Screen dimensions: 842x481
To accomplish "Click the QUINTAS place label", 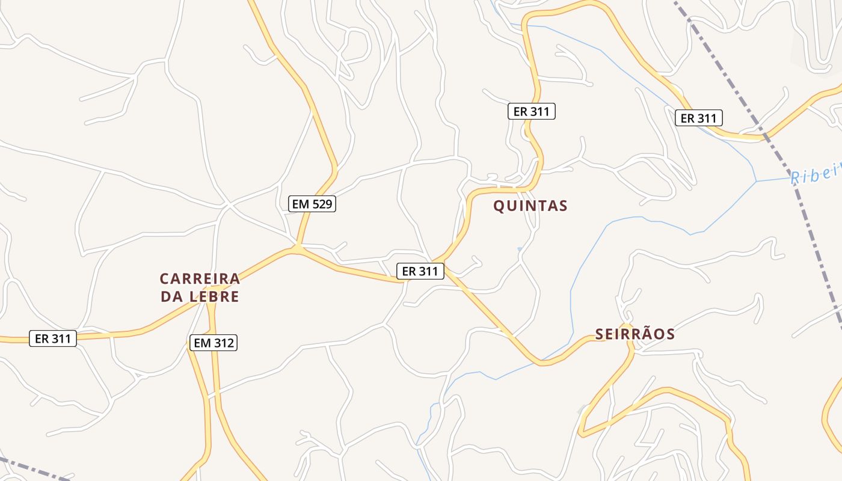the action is [530, 206].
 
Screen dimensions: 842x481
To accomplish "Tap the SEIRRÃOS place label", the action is [635, 334].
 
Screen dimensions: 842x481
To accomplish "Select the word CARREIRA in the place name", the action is [200, 278].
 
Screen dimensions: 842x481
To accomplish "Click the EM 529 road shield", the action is [312, 204].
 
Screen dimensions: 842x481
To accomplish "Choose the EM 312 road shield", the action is [214, 343].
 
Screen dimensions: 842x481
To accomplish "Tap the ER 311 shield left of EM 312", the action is [53, 339].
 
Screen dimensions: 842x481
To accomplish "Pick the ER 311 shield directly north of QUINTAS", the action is [531, 111].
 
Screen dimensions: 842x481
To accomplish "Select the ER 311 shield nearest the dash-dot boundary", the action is [698, 118].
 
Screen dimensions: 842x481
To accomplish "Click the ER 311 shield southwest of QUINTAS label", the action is [420, 271].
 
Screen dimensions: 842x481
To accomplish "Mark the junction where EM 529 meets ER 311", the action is [297, 247].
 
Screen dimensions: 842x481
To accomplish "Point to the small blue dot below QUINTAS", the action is [520, 249].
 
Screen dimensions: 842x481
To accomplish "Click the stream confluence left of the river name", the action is [756, 180].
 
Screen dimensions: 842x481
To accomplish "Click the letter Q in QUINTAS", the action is [499, 206].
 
